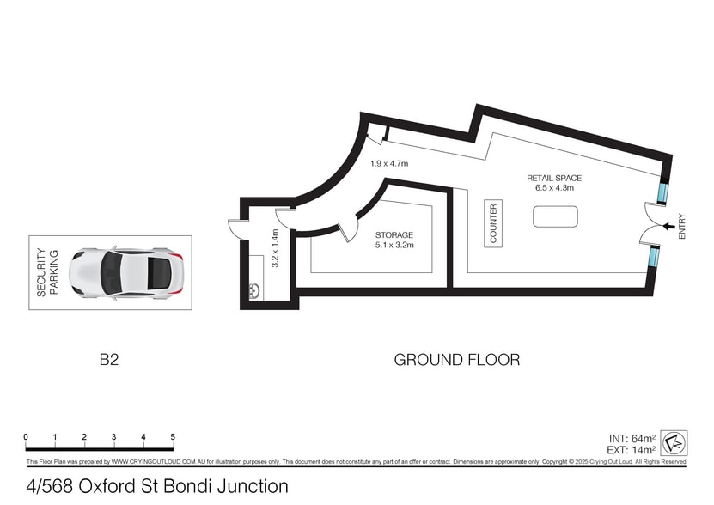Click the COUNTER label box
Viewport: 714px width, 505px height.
coord(493,223)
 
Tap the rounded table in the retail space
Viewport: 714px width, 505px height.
coord(556,216)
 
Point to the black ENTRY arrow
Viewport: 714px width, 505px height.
coord(668,226)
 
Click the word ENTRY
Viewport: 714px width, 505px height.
coord(681,227)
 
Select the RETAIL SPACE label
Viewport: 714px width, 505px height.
coord(554,178)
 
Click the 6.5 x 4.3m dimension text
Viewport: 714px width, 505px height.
coord(554,187)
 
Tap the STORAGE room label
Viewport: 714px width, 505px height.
coord(394,235)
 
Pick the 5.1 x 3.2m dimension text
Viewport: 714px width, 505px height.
coord(394,245)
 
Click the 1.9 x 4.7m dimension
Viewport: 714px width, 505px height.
coord(389,163)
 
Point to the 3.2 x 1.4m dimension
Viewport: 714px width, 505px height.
coord(275,247)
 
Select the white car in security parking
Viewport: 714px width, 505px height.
coord(126,273)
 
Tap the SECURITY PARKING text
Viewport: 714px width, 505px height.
coord(47,272)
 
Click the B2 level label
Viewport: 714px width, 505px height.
coord(109,360)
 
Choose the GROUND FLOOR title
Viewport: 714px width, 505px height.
coord(457,360)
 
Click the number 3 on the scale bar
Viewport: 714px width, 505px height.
coord(113,436)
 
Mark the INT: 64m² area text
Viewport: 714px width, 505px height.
coord(632,439)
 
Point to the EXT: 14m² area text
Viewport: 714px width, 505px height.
coord(632,450)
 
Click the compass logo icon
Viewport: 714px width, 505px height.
coord(674,443)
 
